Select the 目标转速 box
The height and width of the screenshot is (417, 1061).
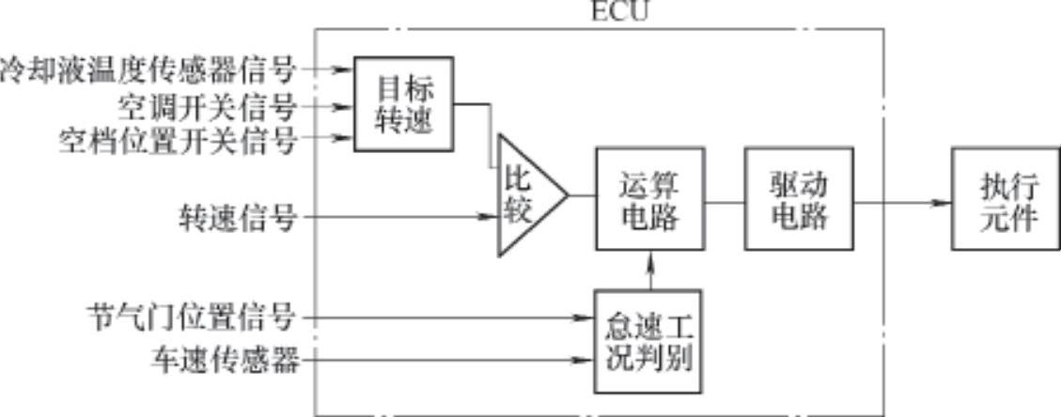click(x=403, y=103)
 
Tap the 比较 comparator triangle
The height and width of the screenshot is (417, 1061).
click(x=524, y=196)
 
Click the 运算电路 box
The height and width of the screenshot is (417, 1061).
click(x=649, y=198)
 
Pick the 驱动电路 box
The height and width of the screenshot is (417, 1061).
click(x=799, y=198)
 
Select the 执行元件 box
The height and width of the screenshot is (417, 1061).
click(x=1006, y=198)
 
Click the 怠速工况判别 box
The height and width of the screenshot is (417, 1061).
click(x=648, y=340)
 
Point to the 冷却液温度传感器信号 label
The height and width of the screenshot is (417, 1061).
click(x=148, y=69)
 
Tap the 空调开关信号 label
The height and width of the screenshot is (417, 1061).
click(x=208, y=104)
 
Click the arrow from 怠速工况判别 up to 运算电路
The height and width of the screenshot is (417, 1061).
click(x=649, y=270)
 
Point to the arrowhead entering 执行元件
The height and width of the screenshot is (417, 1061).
click(x=940, y=202)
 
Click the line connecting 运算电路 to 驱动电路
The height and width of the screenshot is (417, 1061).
click(x=724, y=200)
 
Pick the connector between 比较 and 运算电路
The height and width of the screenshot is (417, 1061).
click(x=582, y=196)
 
